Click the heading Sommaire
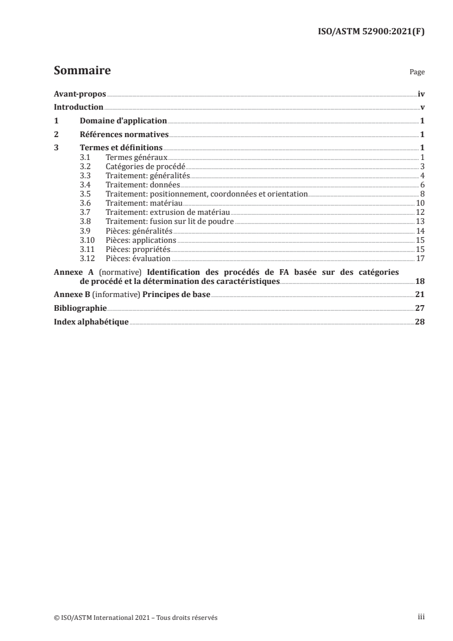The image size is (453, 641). tap(82, 71)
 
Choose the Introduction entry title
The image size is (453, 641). tap(78, 107)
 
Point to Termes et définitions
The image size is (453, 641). tap(121, 149)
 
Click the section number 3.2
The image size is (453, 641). tap(85, 166)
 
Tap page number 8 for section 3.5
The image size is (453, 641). tap(422, 194)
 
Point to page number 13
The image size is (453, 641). tap(420, 222)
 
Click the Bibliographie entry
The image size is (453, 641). tap(80, 308)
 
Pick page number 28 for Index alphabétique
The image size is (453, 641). tap(420, 322)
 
